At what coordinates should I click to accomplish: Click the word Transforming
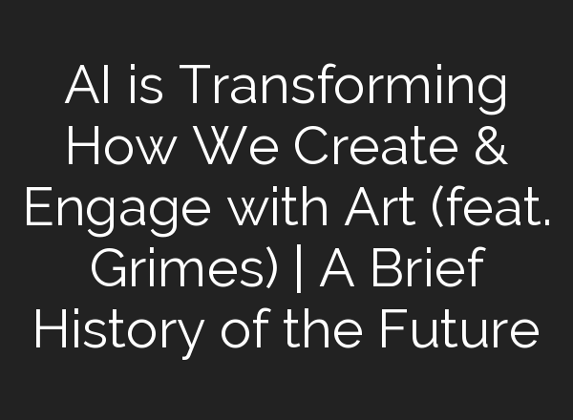click(344, 89)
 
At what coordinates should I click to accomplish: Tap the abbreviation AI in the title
click(83, 89)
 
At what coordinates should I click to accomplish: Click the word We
click(214, 149)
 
